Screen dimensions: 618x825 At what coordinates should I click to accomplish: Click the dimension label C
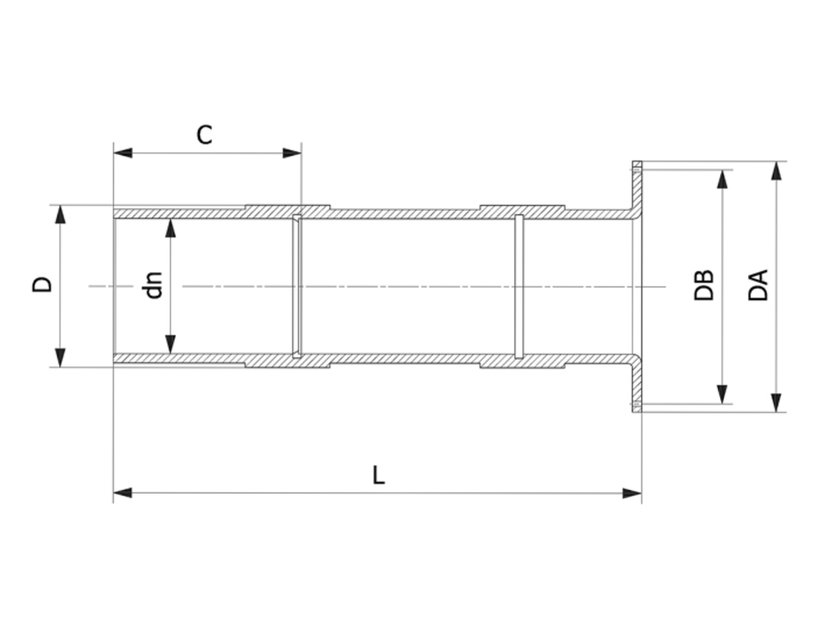pos(205,134)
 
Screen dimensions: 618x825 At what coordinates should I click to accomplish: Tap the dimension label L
pos(379,475)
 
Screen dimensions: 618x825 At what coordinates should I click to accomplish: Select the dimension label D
pos(43,285)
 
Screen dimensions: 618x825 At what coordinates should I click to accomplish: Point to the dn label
pos(154,285)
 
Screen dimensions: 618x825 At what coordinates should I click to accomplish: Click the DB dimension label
pos(704,285)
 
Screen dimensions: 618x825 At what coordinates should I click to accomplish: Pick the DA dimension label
pos(758,285)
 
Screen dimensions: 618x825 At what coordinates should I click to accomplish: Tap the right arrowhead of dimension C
pos(292,153)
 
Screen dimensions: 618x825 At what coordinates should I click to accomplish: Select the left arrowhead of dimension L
pos(123,493)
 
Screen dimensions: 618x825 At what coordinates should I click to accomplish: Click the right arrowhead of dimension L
pos(632,493)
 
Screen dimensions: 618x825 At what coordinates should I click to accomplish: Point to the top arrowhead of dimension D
pos(60,214)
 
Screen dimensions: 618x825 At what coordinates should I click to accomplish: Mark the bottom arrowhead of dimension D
pos(60,357)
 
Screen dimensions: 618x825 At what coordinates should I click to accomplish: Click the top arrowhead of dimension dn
pos(171,228)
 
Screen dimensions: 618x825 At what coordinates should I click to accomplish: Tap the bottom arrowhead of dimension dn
pos(171,344)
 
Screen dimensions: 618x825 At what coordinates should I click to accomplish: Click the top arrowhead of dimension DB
pos(721,180)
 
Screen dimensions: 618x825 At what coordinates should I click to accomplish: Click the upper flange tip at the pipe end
pos(637,166)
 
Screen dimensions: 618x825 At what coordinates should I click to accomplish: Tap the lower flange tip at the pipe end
pos(637,408)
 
